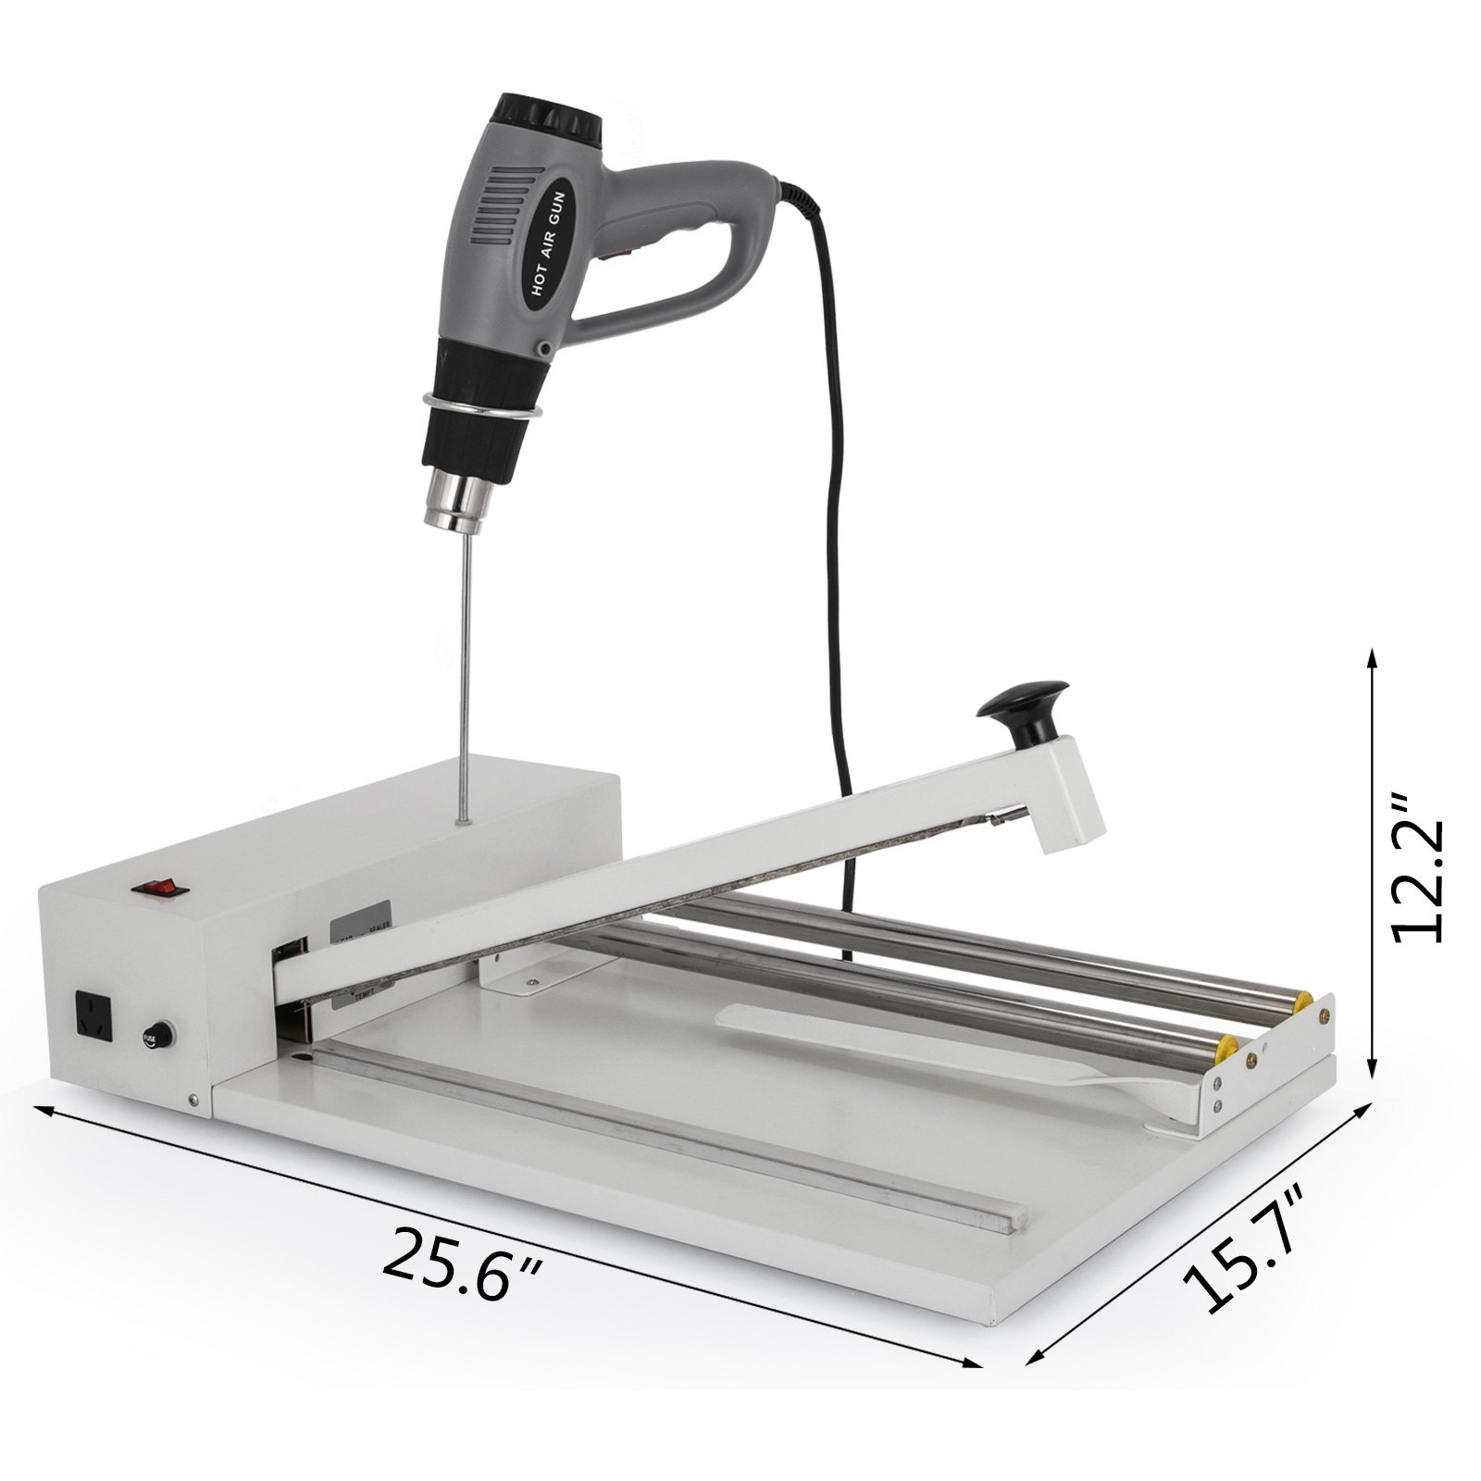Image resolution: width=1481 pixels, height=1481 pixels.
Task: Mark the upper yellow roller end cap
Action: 1303,1002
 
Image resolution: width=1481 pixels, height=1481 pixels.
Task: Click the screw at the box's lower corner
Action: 193,1101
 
